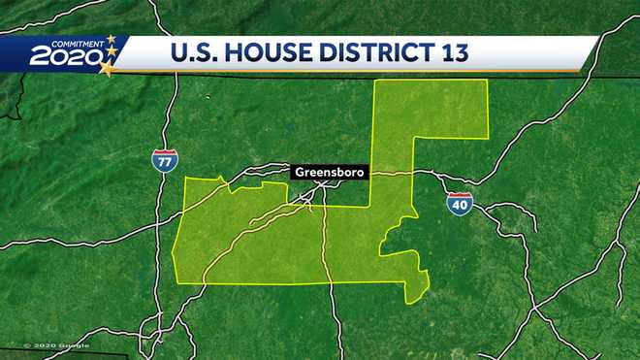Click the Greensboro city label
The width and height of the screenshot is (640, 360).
[x=326, y=172]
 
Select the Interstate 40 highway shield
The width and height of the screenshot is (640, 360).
[x=459, y=204]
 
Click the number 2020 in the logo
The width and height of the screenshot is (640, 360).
[x=65, y=57]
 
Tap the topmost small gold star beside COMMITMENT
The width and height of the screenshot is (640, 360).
[x=111, y=39]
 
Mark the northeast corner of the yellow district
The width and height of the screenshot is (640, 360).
[x=487, y=82]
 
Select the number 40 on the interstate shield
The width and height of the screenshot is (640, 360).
[x=459, y=206]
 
